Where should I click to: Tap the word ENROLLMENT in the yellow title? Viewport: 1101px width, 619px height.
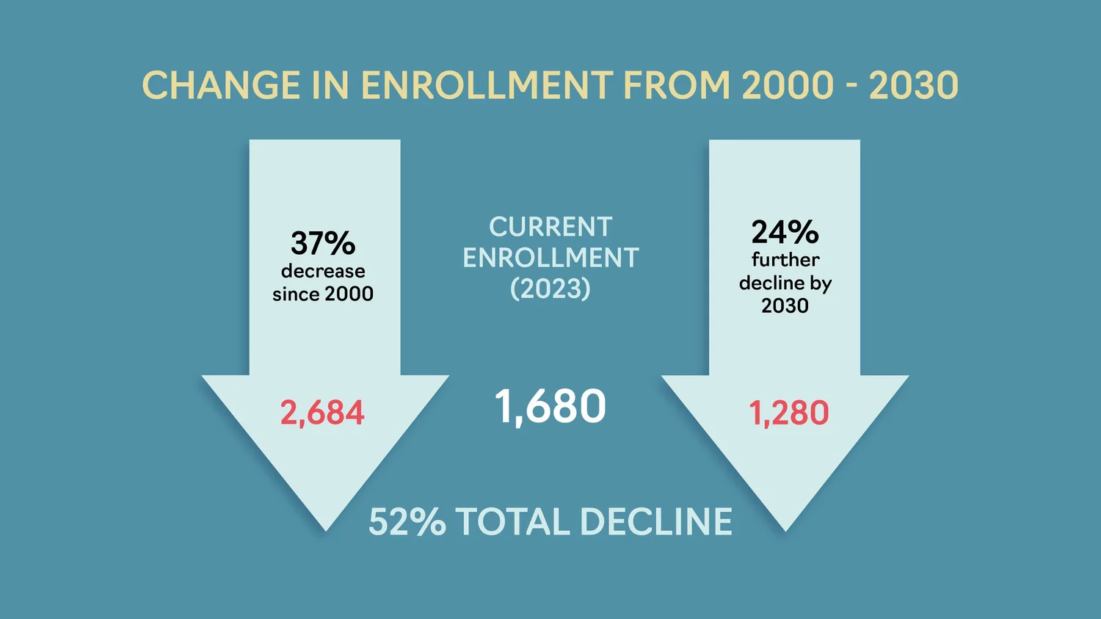click(486, 86)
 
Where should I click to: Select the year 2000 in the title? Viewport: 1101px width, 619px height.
click(788, 86)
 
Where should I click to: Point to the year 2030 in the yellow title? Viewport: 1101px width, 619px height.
click(914, 86)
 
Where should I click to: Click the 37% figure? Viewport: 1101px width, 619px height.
click(323, 243)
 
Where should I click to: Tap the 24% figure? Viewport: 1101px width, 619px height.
click(785, 232)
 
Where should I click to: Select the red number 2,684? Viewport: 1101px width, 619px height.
click(322, 413)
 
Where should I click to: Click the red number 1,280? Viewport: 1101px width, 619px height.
click(788, 413)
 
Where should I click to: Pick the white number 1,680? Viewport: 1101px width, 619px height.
click(550, 406)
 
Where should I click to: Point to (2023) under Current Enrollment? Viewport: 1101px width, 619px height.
click(550, 289)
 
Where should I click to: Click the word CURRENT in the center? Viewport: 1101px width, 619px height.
click(550, 227)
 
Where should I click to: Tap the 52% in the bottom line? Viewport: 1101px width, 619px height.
click(407, 522)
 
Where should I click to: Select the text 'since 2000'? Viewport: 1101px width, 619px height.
click(323, 294)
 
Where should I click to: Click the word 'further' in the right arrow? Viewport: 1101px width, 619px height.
click(785, 259)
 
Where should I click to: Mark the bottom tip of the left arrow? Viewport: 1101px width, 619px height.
click(326, 529)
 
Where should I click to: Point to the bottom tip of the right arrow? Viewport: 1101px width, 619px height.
click(785, 529)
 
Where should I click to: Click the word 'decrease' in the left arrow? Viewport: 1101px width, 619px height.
click(323, 271)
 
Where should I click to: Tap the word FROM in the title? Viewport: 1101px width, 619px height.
click(676, 86)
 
